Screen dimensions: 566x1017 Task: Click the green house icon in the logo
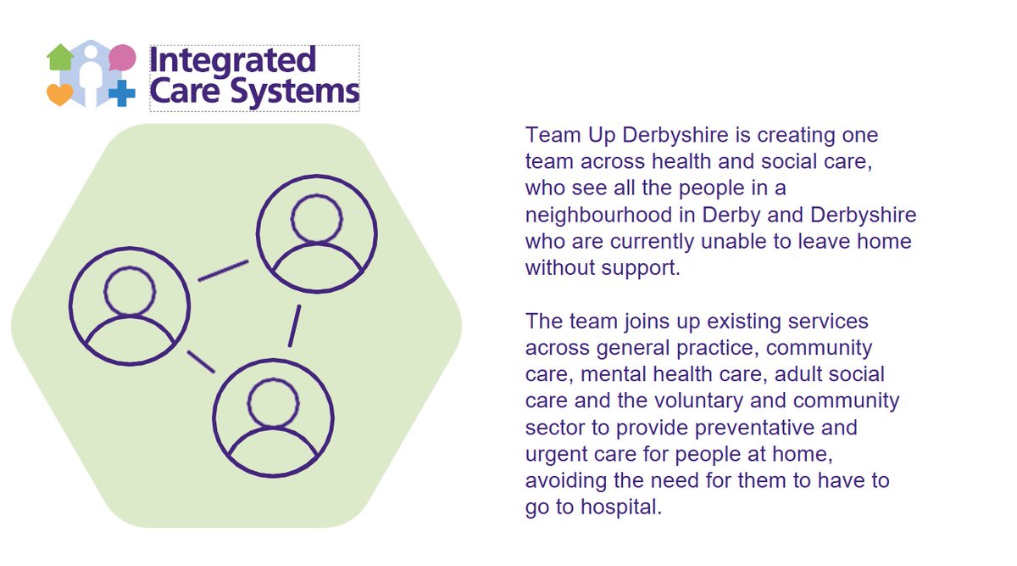point(60,59)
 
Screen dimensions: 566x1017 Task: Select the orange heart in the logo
point(59,94)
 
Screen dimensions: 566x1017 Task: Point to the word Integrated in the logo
point(231,62)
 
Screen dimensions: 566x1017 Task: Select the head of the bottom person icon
point(273,402)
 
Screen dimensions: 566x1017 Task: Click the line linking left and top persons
point(223,271)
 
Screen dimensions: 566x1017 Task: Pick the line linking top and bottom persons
point(294,325)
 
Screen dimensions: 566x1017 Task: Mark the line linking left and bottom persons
point(201,361)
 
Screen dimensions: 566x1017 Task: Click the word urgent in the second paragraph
point(556,454)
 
